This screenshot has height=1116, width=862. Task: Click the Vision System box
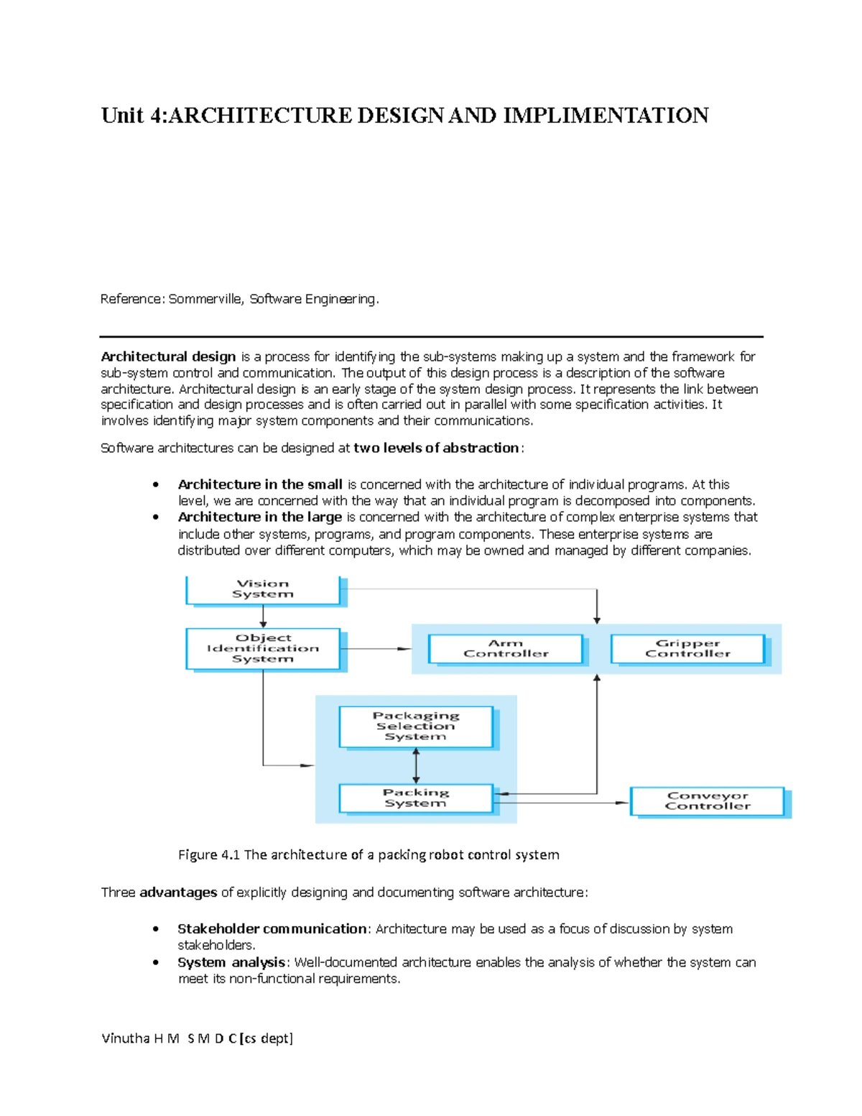click(x=262, y=589)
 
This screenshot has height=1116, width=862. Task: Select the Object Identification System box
click(x=262, y=648)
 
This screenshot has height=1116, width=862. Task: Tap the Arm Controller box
click(x=505, y=648)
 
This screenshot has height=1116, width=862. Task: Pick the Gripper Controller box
click(x=687, y=648)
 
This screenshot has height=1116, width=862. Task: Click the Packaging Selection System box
click(x=415, y=726)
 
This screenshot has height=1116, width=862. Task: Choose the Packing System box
click(x=415, y=798)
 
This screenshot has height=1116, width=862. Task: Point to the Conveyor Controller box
click(x=707, y=801)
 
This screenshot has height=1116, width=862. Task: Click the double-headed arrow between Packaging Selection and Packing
click(x=416, y=766)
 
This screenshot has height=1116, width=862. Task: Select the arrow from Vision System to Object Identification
click(x=263, y=617)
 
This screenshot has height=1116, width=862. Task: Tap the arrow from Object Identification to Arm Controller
click(x=377, y=649)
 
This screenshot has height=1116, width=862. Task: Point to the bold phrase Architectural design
click(x=168, y=356)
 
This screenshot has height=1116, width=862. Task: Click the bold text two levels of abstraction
click(x=436, y=448)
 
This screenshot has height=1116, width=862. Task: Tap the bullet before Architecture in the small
click(x=155, y=485)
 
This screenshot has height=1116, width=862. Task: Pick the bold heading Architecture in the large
click(x=259, y=517)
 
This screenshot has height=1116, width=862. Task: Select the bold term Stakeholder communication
click(x=272, y=928)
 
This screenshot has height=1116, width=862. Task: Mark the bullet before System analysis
click(x=155, y=963)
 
